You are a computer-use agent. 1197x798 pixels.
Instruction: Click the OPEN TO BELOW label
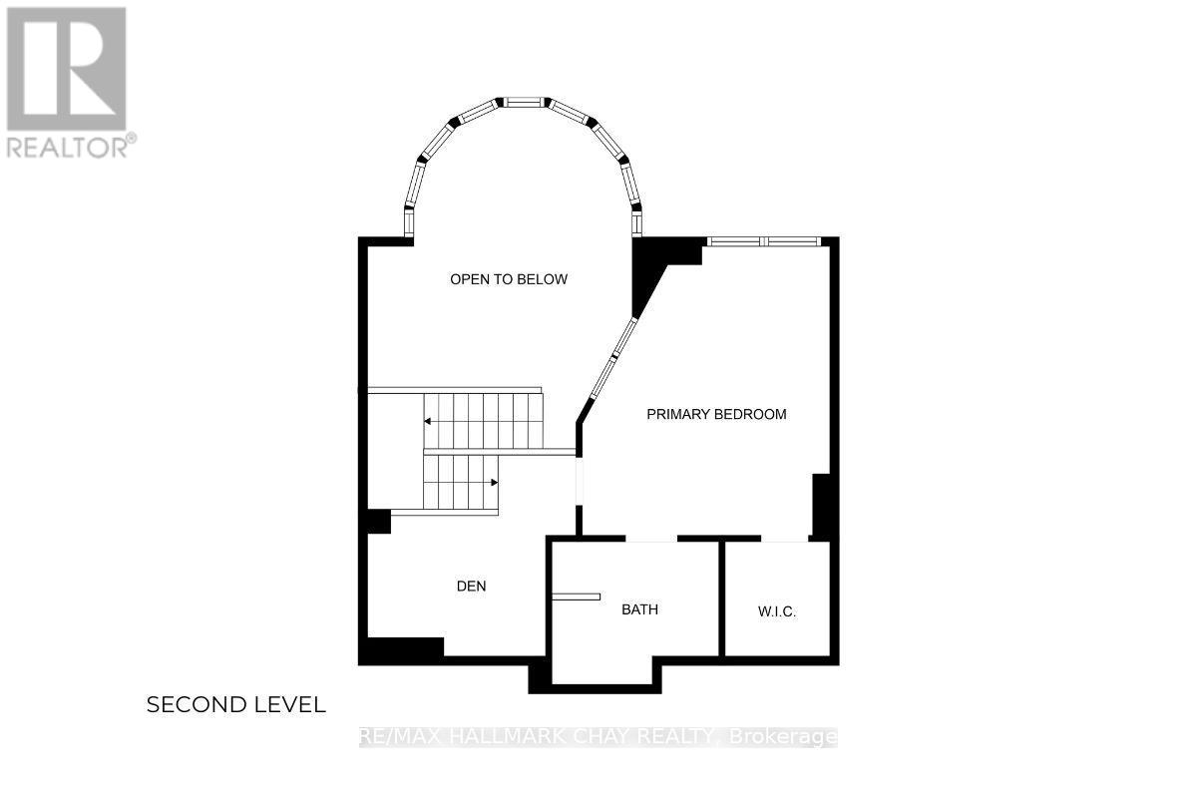coord(509,279)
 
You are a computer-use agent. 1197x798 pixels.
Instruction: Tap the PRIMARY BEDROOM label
coord(716,414)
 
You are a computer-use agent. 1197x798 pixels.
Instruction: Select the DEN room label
coord(471,586)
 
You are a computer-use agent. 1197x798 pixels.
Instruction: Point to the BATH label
coord(639,609)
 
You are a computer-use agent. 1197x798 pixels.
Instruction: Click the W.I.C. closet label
coord(776,611)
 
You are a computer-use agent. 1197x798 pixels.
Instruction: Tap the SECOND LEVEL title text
coord(235,705)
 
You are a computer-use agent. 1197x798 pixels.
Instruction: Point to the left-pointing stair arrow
coord(429,422)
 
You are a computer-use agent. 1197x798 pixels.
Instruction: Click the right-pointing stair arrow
coord(493,483)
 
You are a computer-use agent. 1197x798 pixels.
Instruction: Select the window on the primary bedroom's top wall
coord(764,241)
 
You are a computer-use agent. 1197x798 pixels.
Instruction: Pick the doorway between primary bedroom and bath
coord(650,540)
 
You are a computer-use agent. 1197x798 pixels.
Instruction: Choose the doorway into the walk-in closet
coord(784,540)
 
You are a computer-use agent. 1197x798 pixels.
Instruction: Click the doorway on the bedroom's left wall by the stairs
coord(580,481)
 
